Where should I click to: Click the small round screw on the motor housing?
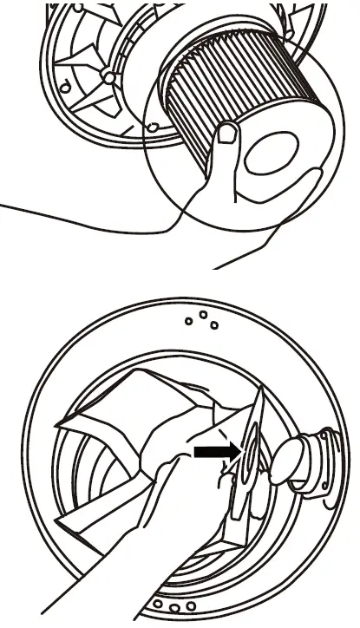coord(107,78)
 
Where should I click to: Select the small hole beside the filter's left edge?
coord(152,128)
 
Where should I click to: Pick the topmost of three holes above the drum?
coord(201,314)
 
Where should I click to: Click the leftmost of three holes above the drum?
coord(188,322)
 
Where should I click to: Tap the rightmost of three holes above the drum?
coord(214,325)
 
